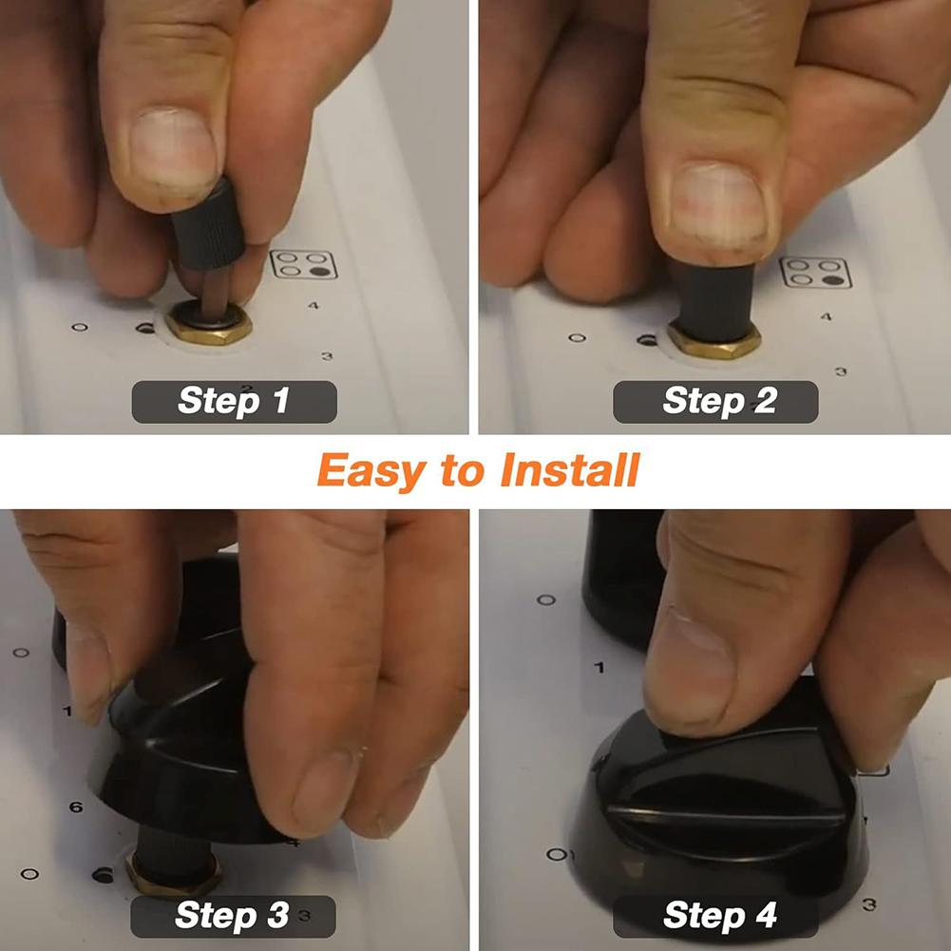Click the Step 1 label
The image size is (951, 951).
click(x=234, y=401)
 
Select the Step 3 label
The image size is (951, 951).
click(x=233, y=916)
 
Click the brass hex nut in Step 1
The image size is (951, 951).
click(x=208, y=326)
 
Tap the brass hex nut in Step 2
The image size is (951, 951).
click(x=713, y=338)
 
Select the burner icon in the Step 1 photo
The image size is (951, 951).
click(x=304, y=264)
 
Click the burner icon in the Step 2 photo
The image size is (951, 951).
click(x=815, y=273)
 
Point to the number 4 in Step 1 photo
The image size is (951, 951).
click(x=314, y=306)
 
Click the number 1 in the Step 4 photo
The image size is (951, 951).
click(x=599, y=668)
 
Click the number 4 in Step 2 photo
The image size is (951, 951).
click(x=824, y=316)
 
